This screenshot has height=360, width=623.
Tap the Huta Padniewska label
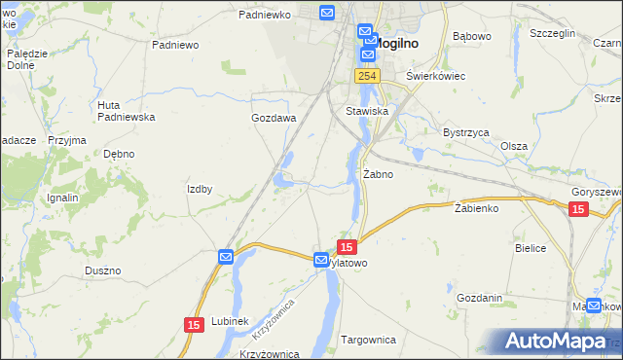coord(127,111)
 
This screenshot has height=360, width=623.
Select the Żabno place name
coord(378,175)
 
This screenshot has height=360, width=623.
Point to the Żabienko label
coord(476,208)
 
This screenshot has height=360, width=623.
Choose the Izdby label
coord(200,189)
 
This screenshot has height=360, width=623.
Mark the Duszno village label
coord(102,270)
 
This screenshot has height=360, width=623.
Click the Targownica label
coord(369,340)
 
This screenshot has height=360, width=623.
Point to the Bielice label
coord(531,248)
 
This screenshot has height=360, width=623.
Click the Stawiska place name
coord(368,111)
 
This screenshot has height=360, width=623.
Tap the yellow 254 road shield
coord(367,76)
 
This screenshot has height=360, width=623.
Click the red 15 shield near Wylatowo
coord(347,247)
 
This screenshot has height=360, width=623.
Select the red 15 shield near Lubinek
coord(193,323)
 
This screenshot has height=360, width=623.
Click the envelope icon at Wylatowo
coord(321,260)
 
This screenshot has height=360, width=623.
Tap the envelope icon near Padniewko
coord(326,13)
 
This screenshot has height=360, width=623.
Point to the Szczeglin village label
coord(553,32)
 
